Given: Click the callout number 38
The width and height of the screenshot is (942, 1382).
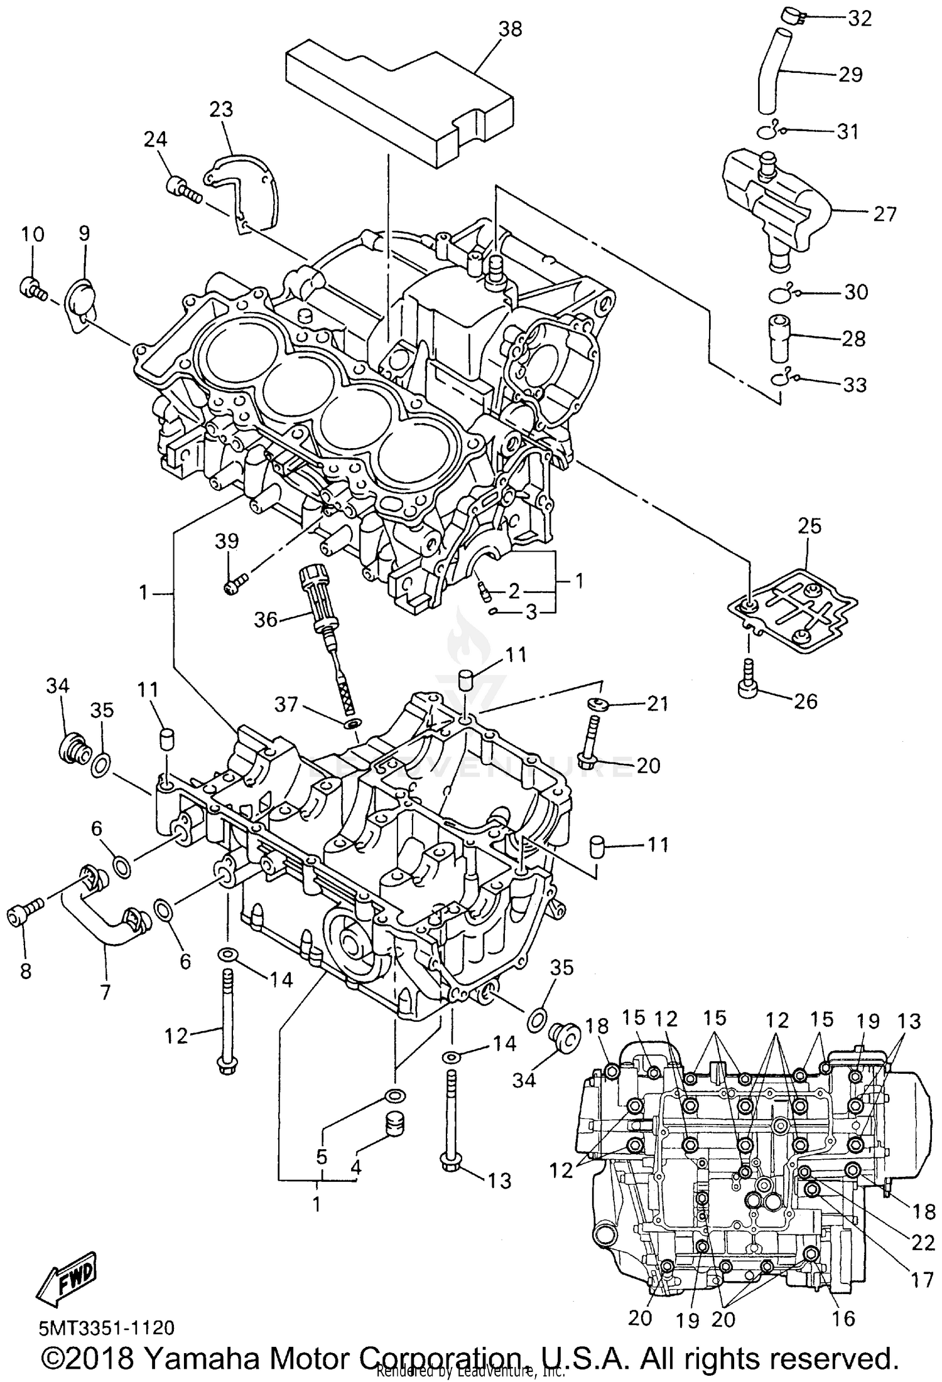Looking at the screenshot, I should (x=509, y=29).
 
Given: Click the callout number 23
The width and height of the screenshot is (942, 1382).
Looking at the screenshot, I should (x=221, y=110).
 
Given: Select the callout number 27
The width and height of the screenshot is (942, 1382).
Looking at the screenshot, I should (x=885, y=214).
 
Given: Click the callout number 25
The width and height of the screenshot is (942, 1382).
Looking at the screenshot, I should (x=809, y=526).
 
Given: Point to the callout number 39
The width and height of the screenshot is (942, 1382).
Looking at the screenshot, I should (x=227, y=540).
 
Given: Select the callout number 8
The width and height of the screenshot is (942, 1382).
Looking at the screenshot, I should (x=25, y=972).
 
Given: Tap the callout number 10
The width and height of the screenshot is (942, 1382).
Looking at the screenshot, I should (x=33, y=235).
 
